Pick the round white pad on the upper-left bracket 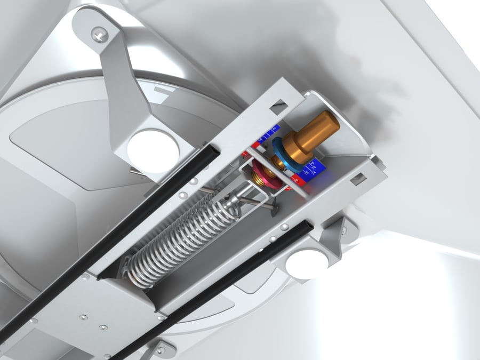tap(153, 151)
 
